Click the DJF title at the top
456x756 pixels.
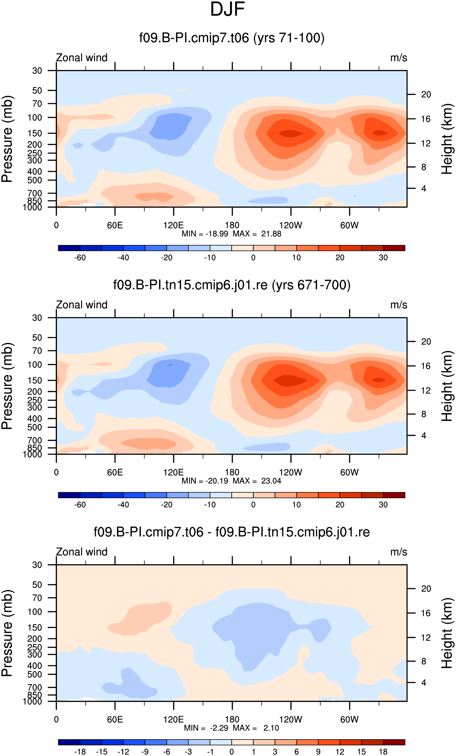click(x=227, y=9)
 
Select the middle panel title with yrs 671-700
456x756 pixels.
click(x=232, y=285)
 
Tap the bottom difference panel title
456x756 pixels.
click(x=232, y=532)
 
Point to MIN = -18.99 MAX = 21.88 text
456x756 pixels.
click(x=231, y=234)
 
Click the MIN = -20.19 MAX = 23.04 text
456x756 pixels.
click(x=231, y=481)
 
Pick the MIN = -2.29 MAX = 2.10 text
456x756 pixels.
click(x=231, y=728)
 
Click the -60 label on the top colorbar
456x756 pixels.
click(x=80, y=258)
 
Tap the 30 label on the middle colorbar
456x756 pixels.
click(x=383, y=505)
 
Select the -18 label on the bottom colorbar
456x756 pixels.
click(x=80, y=752)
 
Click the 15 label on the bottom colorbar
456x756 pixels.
click(x=361, y=752)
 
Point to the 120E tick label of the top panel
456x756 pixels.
click(x=173, y=225)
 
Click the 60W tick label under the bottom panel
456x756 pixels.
click(x=349, y=719)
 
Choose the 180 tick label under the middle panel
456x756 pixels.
click(x=232, y=473)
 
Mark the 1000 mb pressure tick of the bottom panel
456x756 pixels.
click(x=32, y=702)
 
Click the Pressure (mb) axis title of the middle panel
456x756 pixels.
click(x=7, y=386)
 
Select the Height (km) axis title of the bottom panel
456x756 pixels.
click(x=447, y=633)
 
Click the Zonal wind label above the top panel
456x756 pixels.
click(x=82, y=58)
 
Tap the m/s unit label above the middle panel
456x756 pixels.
click(x=399, y=305)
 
